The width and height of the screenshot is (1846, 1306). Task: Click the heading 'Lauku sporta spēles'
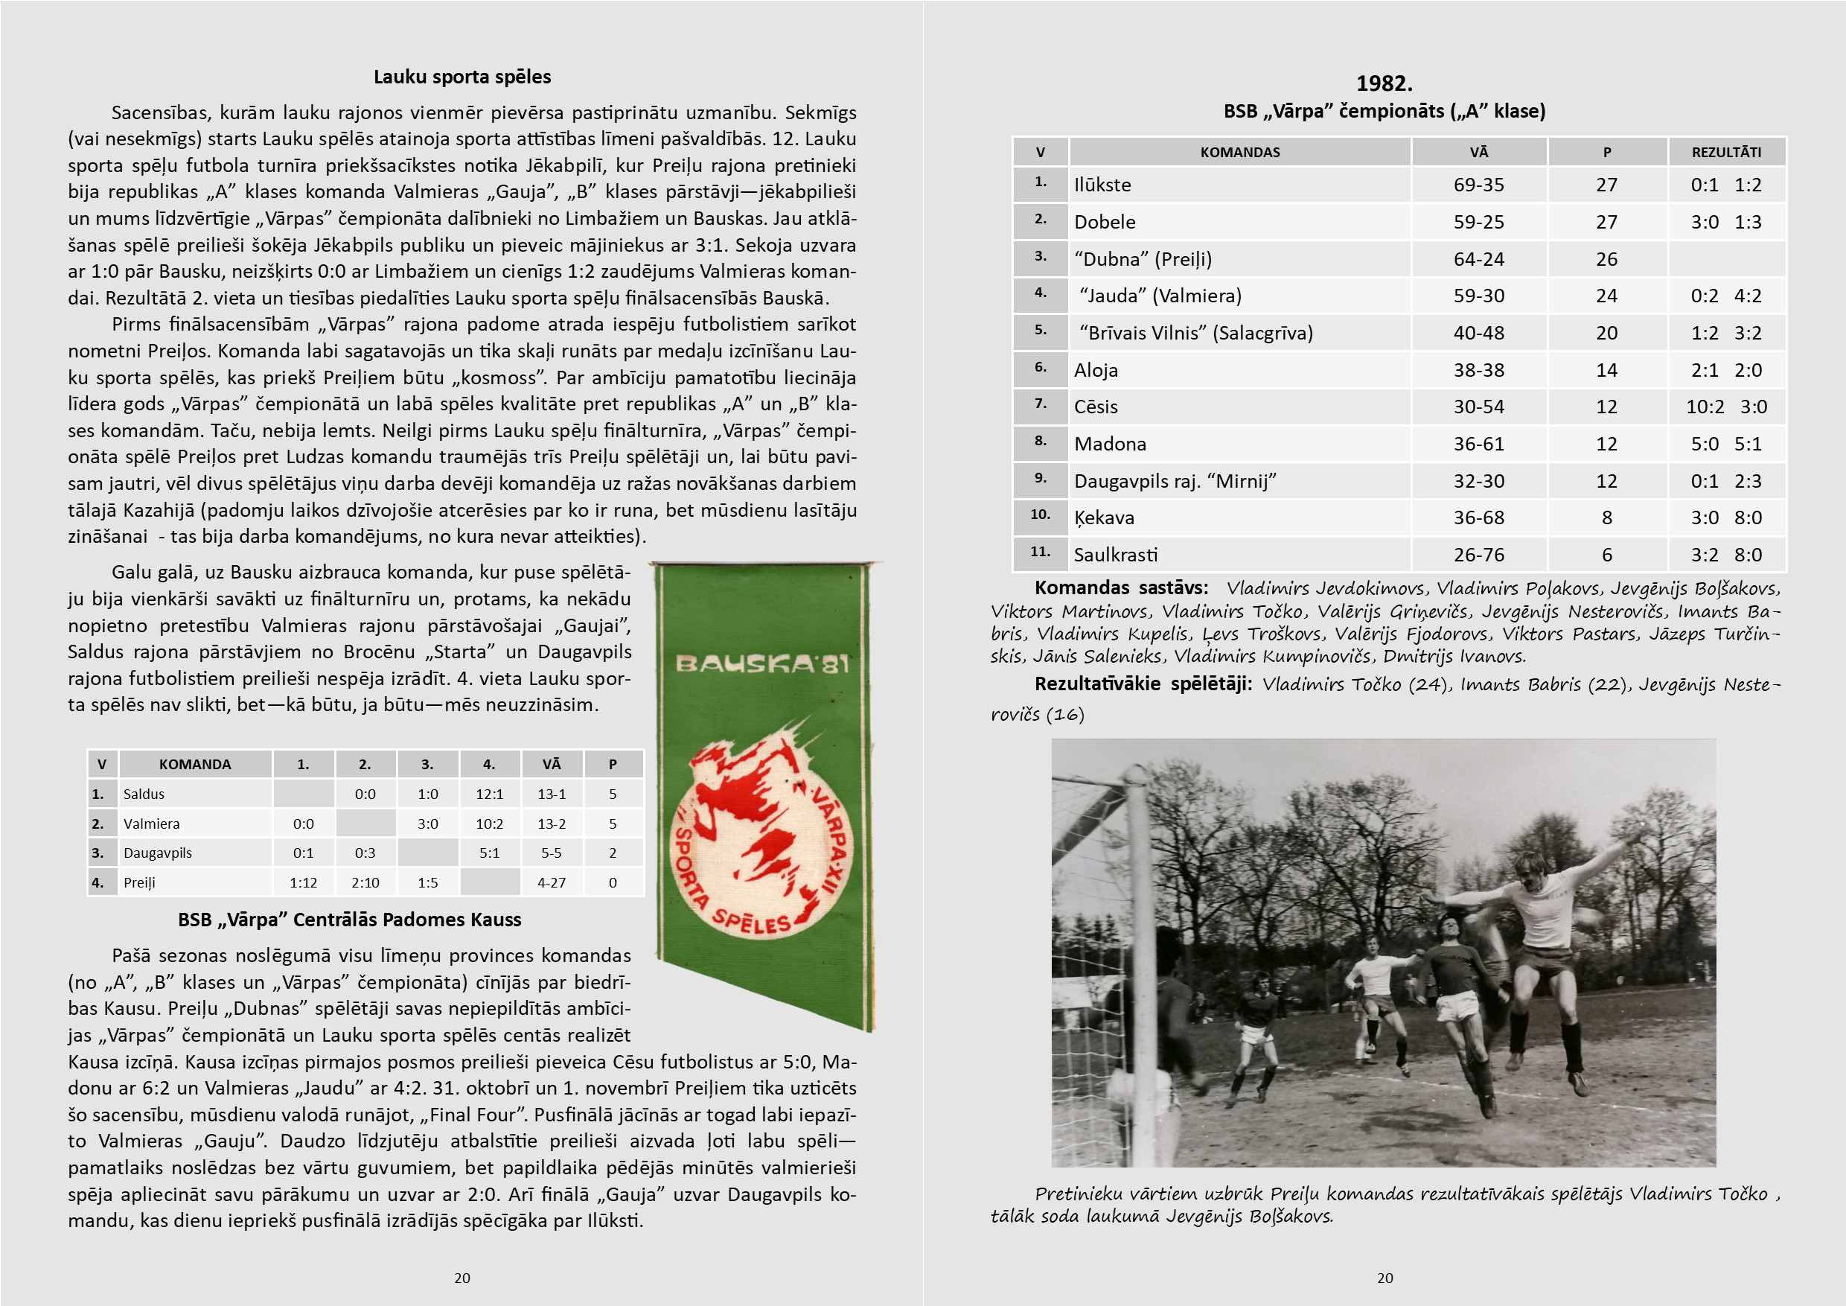(462, 77)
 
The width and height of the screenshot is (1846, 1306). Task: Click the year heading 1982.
(1384, 83)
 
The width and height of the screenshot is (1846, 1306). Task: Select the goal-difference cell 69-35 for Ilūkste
(1478, 185)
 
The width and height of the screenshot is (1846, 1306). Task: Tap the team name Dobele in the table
(1105, 222)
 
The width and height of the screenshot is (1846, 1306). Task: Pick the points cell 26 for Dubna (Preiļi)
(1606, 260)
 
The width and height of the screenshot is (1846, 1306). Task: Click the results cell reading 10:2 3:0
(1725, 407)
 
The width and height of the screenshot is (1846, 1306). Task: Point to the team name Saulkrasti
(1115, 555)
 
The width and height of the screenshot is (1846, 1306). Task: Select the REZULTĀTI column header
(1725, 152)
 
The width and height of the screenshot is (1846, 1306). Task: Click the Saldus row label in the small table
(144, 794)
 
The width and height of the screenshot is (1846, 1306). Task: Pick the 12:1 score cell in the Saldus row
(489, 794)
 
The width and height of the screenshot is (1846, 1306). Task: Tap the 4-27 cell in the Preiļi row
(552, 883)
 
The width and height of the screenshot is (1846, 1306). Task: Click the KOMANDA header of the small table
(194, 765)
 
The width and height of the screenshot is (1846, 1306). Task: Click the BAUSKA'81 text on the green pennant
(761, 664)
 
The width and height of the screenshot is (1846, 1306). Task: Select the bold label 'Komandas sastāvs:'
(1121, 588)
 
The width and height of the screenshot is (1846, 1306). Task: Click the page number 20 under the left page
(462, 1278)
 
